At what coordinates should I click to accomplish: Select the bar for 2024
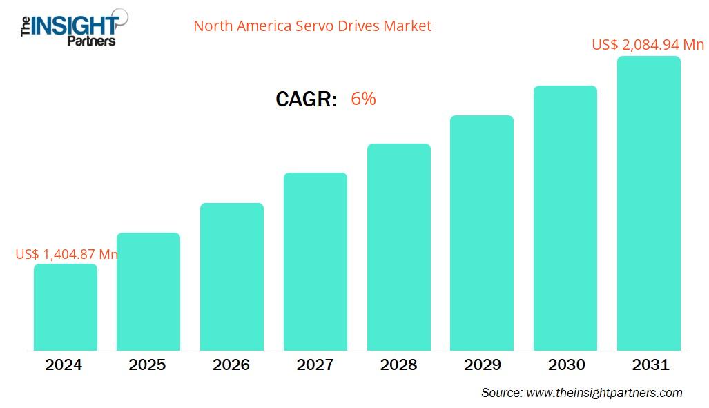pos(66,307)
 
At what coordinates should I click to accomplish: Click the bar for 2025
pos(148,291)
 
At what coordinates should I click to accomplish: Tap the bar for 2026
pos(232,277)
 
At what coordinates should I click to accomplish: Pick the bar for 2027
pos(315,262)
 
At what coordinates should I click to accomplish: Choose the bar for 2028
pos(399,247)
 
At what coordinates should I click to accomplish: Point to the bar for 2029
pos(482,233)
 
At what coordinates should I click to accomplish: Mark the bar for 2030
pos(565,218)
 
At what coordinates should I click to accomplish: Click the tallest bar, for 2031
pos(649,204)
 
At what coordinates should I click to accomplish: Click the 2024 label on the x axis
pos(64,365)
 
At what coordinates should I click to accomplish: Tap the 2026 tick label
pos(231,365)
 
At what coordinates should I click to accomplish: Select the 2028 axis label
pos(398,365)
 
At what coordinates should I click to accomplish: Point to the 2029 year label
pos(482,365)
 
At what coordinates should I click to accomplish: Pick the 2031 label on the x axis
pos(650,365)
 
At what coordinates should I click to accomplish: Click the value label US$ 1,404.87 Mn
pos(67,254)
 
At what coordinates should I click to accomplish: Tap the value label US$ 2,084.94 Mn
pos(648,45)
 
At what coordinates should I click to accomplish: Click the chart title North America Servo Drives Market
pos(312,26)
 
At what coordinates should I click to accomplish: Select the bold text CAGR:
pos(306,99)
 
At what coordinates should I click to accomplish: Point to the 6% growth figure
pos(363,99)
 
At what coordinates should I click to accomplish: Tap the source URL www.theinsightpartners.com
pos(604,393)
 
